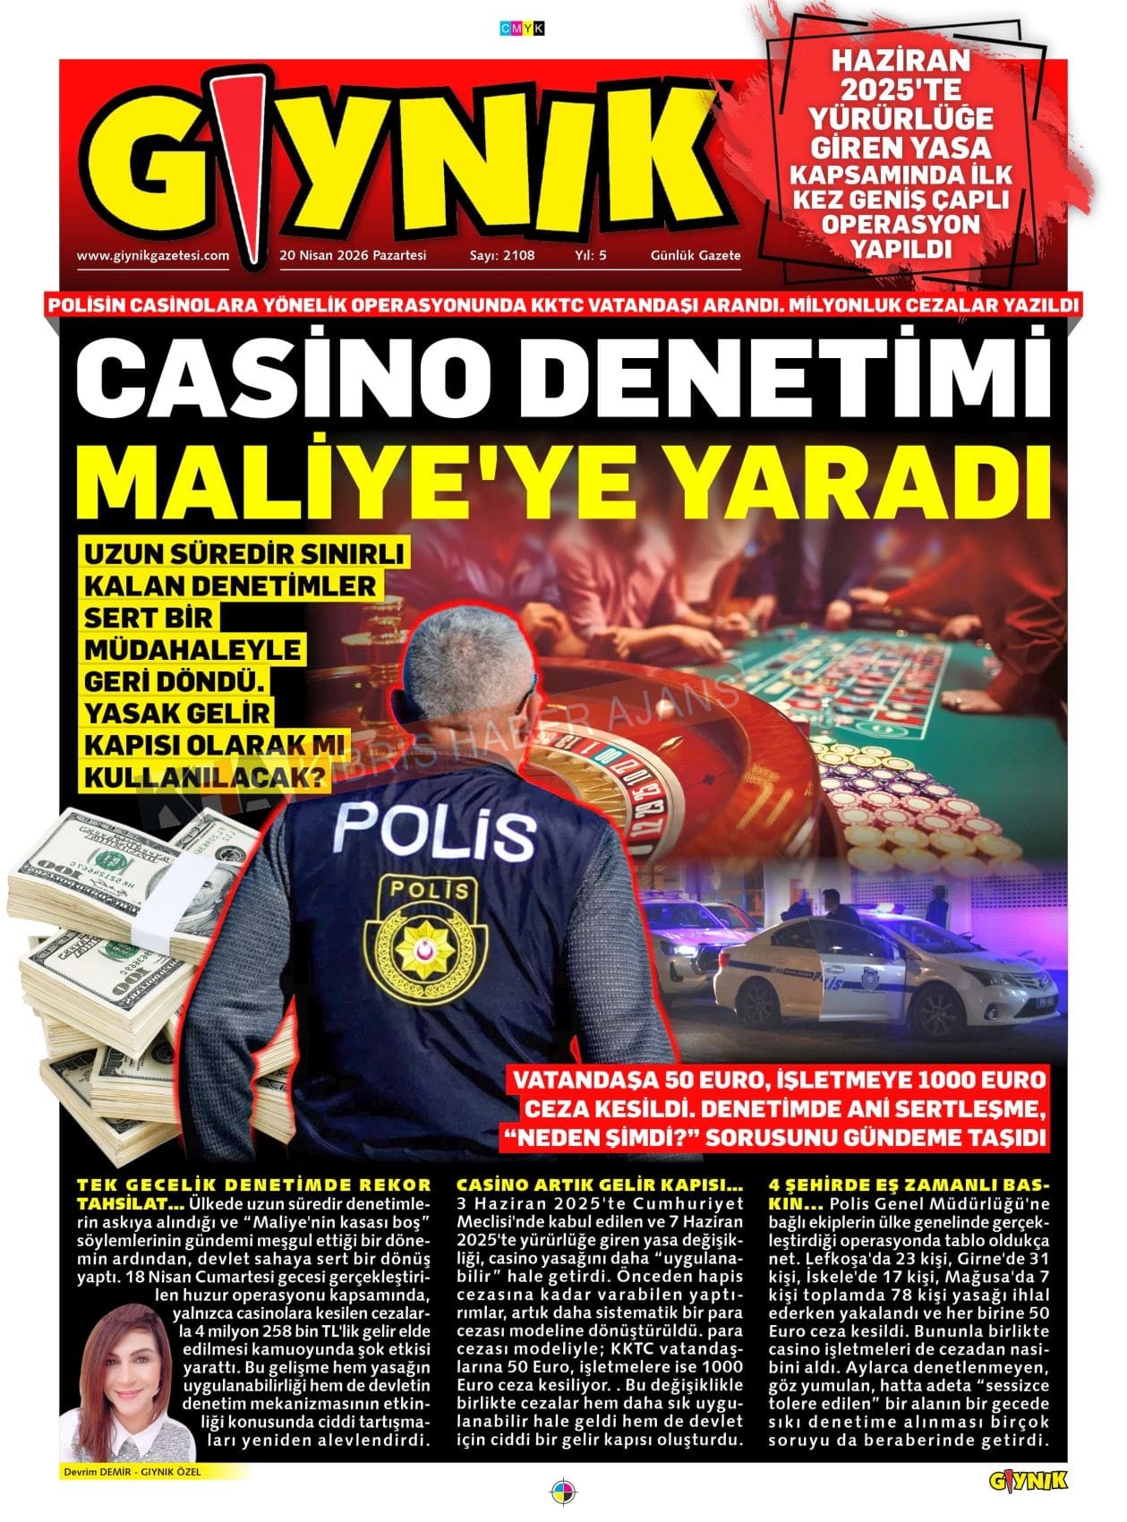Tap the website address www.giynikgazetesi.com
coord(153,255)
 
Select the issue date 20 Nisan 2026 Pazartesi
coord(353,255)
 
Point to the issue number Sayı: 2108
coord(502,255)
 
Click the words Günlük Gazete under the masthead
coord(696,255)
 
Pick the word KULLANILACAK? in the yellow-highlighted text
coord(203,778)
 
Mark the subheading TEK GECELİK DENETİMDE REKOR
coord(254,1184)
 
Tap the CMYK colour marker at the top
coord(522,29)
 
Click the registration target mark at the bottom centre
coord(563,1492)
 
